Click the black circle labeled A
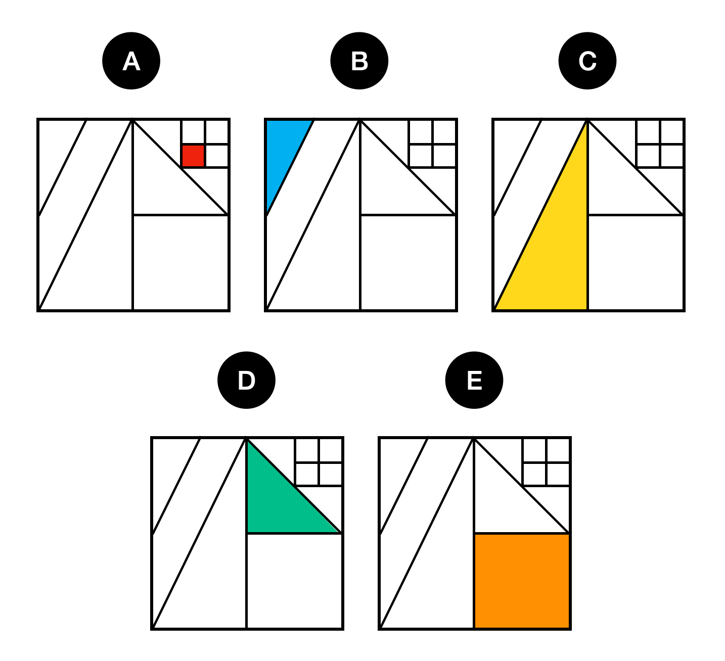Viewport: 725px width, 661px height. click(x=131, y=61)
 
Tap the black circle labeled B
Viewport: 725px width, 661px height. click(x=359, y=61)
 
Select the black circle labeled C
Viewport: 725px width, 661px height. click(x=587, y=61)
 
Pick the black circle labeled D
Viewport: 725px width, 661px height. click(x=246, y=380)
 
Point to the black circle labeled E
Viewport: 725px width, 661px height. click(x=474, y=380)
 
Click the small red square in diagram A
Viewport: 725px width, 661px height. click(x=193, y=156)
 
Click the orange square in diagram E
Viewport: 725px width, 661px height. click(x=522, y=581)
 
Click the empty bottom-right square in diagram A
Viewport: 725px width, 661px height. click(x=180, y=262)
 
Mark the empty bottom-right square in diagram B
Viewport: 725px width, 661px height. click(x=408, y=262)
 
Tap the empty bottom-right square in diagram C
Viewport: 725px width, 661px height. click(x=636, y=262)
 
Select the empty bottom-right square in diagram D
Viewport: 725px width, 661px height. click(x=294, y=581)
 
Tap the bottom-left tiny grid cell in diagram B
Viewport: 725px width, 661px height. click(x=421, y=156)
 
